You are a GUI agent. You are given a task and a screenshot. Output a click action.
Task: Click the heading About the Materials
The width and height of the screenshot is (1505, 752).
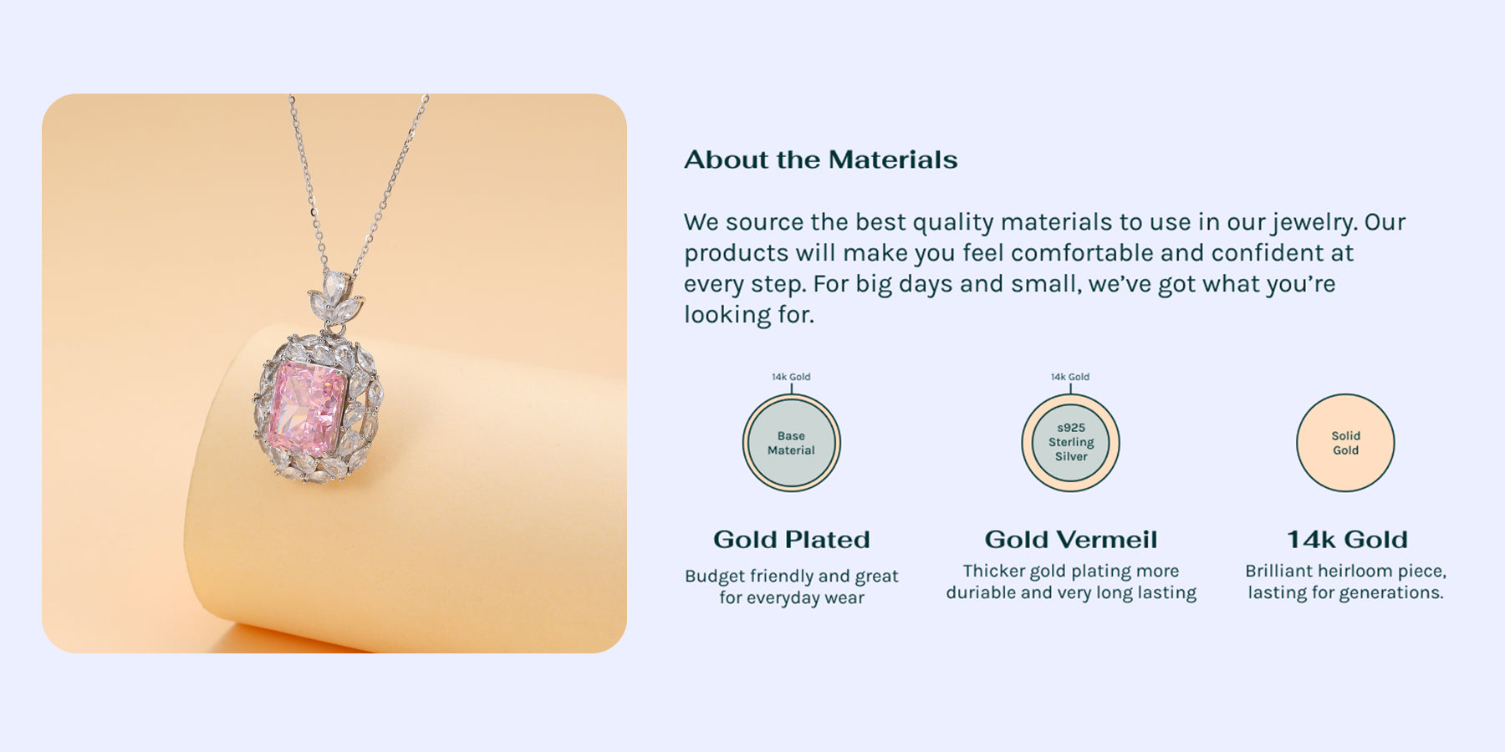pyautogui.click(x=820, y=160)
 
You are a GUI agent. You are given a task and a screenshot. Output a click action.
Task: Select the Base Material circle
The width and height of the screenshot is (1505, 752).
pyautogui.click(x=791, y=443)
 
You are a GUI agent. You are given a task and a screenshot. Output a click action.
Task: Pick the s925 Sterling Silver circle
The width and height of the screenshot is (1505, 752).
pyautogui.click(x=1070, y=443)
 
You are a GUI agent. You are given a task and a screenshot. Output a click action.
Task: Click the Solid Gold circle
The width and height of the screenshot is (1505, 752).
pyautogui.click(x=1345, y=443)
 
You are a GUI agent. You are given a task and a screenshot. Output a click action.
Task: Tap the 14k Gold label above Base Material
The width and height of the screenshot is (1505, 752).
pyautogui.click(x=791, y=377)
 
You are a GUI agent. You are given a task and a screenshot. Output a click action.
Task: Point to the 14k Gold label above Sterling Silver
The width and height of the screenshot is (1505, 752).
pyautogui.click(x=1070, y=377)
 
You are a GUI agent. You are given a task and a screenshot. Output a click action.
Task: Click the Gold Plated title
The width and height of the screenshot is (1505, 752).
pyautogui.click(x=791, y=540)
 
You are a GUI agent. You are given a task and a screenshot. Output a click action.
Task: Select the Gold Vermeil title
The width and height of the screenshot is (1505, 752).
pyautogui.click(x=1071, y=540)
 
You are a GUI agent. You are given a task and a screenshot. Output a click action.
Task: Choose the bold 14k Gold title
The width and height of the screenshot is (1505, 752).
pyautogui.click(x=1347, y=540)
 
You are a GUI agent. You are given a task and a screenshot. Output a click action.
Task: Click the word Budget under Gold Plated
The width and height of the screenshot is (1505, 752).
pyautogui.click(x=715, y=577)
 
